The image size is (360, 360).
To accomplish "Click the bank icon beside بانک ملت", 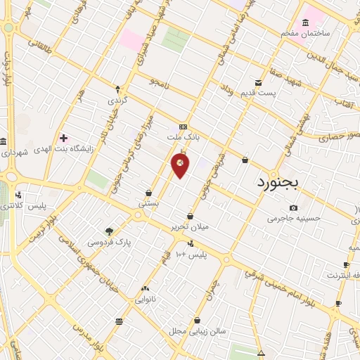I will point(184,127).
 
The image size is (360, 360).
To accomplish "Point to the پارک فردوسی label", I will point(110,242).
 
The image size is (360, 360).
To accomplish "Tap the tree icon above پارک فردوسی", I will point(109,231).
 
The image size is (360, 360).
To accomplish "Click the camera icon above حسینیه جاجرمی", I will point(293,208).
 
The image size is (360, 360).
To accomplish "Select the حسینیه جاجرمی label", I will point(294,219).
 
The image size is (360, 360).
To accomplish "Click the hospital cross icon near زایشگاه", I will point(64,138).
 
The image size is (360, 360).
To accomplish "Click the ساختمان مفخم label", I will point(305,33).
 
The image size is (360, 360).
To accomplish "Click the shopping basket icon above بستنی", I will point(148,193).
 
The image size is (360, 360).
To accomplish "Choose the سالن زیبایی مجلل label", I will point(195,330).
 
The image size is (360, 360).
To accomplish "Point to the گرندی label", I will point(117,101).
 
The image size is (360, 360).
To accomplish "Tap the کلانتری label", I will point(14,205).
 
